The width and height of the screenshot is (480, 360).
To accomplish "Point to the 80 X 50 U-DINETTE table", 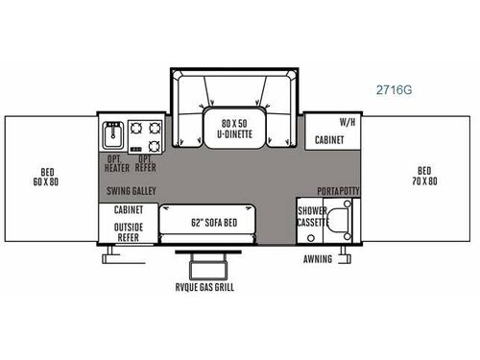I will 237,127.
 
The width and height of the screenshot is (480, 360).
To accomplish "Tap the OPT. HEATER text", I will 117,163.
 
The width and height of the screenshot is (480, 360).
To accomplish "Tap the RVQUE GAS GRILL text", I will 204,287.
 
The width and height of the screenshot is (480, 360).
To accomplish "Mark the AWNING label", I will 318,259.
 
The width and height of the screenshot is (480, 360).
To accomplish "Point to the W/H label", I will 347,123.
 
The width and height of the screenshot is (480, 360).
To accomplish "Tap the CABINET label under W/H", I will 331,139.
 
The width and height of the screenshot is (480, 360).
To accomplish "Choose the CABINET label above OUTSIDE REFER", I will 129,208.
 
